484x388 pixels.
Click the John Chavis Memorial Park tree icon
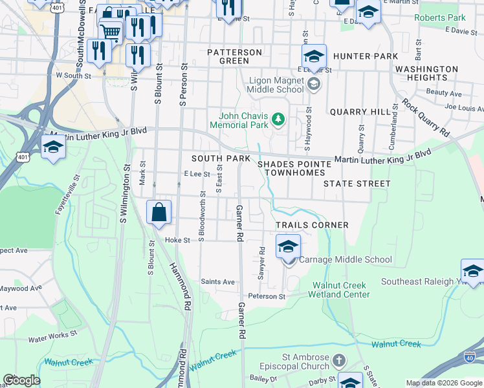278,118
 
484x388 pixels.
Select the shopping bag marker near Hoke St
159,212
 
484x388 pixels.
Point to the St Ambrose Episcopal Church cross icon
338,359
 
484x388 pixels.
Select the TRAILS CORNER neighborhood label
312,225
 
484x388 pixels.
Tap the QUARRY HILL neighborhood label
360,112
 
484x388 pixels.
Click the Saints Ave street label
218,282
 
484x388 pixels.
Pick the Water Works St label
52,338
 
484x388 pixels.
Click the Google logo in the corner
21,380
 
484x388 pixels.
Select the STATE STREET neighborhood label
357,184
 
